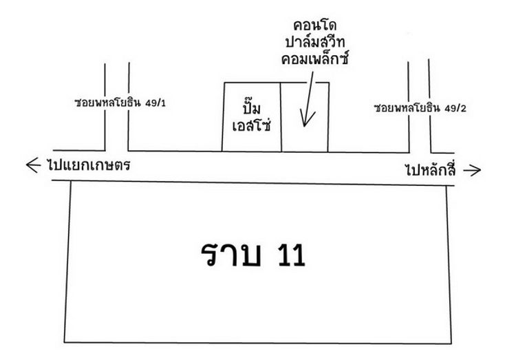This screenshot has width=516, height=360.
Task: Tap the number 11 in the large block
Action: coord(288,256)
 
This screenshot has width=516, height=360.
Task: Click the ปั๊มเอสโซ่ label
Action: coord(251,116)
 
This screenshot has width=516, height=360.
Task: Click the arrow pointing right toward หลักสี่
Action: coord(472,170)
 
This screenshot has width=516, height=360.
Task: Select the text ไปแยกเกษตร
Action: coord(89,166)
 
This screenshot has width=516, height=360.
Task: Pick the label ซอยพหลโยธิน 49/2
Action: coord(420,109)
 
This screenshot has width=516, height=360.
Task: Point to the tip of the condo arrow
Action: coord(303,127)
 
